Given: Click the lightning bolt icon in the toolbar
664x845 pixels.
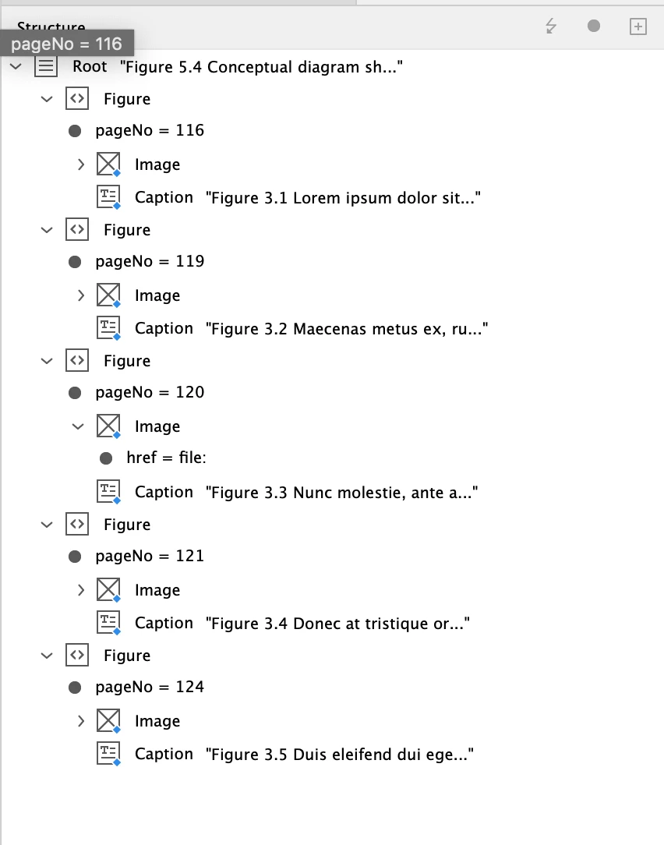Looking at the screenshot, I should coord(551,27).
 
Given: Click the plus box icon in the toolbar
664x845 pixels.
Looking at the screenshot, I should coord(638,27).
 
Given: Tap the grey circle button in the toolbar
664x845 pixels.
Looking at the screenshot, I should coord(594,27).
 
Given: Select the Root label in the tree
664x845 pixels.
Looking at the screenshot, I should coord(90,67).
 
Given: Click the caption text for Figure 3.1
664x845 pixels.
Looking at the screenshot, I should coord(342,198).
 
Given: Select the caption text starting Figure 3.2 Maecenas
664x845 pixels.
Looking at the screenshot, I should coord(347,329).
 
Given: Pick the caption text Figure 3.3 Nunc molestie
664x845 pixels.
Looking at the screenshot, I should coord(341,493).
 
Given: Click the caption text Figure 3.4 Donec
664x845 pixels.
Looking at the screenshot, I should coord(338,624).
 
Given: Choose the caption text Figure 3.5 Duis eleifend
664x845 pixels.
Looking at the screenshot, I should coord(340,755).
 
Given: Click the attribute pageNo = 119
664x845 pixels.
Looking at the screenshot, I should coord(150,262).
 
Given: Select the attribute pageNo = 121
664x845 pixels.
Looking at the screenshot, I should coord(150,557).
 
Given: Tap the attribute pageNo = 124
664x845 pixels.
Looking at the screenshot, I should coord(150,688).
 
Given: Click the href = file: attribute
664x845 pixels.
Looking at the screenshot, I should coord(166,458).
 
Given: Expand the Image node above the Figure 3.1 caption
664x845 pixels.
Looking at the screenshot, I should coord(81,164).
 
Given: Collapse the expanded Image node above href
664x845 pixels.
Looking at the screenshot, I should coord(78,426).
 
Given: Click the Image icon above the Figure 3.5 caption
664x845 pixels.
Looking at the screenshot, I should coord(108,721).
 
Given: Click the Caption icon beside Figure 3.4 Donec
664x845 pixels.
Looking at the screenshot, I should coord(108,623).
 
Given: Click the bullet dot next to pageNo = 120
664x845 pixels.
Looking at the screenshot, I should coord(76,393).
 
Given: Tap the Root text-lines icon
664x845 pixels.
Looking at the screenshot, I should coord(47,67).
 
